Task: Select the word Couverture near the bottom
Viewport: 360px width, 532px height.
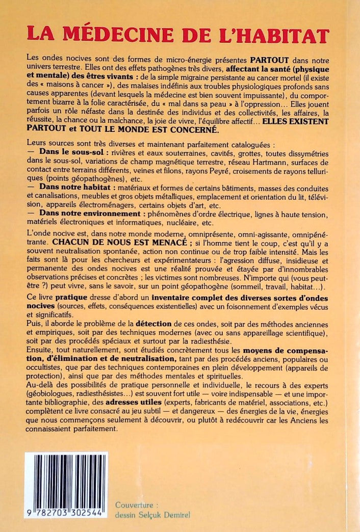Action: coord(133,505)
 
